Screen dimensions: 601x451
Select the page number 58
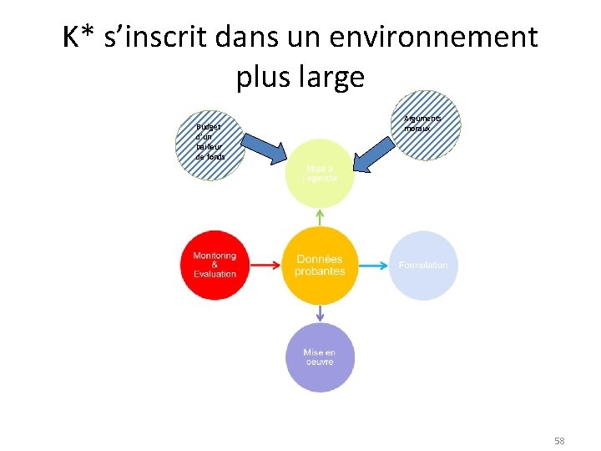[559, 439]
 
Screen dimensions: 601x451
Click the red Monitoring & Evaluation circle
[215, 265]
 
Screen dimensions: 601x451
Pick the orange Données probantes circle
[320, 266]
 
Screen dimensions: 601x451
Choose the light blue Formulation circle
[423, 266]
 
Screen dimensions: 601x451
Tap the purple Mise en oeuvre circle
[320, 357]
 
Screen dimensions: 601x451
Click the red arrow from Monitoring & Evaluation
[265, 266]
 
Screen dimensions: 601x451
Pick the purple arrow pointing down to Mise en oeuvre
[320, 314]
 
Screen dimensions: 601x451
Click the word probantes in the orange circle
[320, 271]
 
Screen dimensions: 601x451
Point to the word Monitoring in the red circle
[215, 256]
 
